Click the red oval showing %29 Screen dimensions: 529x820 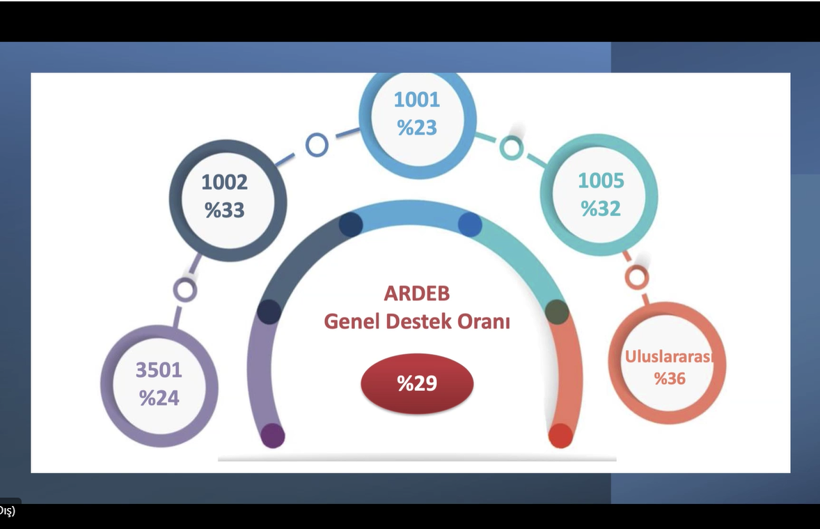point(417,383)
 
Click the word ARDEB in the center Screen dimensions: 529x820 point(416,293)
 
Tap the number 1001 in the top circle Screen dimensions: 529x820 point(417,100)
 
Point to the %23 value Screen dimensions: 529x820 point(417,128)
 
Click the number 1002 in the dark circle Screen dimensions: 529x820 point(224,183)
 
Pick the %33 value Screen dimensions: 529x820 point(224,210)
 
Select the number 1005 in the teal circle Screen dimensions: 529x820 point(601,181)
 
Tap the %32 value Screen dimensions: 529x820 point(601,208)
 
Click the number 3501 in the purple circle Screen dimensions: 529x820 point(159,369)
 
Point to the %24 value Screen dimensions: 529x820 point(159,398)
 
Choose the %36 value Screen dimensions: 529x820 point(670,379)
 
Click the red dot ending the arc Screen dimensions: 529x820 point(560,436)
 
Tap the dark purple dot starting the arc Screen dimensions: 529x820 point(272,436)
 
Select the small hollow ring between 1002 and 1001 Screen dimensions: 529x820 point(317,145)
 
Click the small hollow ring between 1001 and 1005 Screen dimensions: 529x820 point(511,147)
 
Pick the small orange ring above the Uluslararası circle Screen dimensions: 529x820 point(636,277)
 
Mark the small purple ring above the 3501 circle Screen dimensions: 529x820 point(184,289)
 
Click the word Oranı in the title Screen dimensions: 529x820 point(484,323)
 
